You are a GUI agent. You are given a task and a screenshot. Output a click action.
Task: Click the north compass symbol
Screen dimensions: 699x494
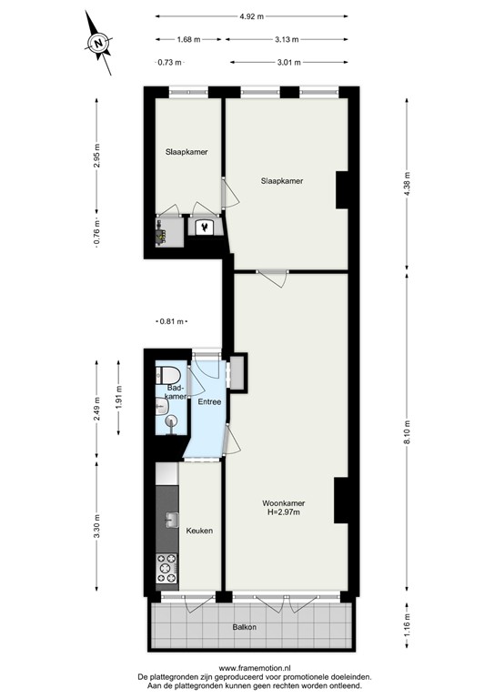click(100, 41)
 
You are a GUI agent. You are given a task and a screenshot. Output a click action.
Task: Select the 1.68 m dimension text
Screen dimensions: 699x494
click(187, 40)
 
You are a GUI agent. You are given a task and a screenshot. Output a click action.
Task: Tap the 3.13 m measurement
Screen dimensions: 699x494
click(286, 40)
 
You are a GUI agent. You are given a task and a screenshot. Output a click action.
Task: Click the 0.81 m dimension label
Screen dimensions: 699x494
click(171, 321)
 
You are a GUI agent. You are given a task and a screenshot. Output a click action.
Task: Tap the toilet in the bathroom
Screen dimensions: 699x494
click(169, 375)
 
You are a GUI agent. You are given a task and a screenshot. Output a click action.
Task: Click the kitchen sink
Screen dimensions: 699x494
click(170, 520)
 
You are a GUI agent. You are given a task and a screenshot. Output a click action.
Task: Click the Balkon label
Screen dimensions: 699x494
click(243, 627)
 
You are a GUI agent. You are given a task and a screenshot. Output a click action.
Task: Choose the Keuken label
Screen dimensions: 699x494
click(199, 530)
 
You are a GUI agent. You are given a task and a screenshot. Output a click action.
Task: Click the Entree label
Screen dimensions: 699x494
click(209, 401)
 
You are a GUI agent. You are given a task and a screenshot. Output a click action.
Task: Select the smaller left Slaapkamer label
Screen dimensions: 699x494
click(187, 152)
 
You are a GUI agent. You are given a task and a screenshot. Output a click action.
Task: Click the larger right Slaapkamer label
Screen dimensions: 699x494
click(281, 181)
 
